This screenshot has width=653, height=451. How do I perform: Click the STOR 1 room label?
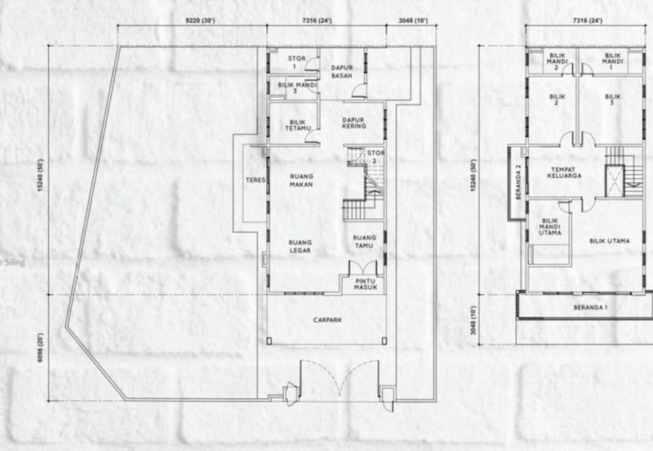(296, 62)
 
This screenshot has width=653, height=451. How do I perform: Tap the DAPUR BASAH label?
(342, 72)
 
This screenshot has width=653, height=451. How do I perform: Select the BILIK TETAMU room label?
(298, 125)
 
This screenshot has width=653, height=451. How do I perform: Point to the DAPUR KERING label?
(354, 123)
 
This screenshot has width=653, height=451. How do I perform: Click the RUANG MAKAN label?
(301, 181)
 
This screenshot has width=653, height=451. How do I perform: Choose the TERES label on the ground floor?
(255, 180)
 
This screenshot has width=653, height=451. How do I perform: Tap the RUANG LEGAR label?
(300, 247)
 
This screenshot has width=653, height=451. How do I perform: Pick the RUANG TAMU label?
(364, 242)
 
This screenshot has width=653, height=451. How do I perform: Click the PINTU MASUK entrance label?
(365, 284)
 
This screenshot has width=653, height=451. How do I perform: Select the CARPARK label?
(327, 320)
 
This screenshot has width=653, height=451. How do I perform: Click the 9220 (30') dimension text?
(200, 20)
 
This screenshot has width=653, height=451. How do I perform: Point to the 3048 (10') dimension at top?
(413, 20)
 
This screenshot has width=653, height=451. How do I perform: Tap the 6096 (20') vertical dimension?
(40, 347)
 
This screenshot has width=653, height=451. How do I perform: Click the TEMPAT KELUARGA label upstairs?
(564, 172)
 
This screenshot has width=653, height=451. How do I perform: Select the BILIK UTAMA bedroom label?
(609, 241)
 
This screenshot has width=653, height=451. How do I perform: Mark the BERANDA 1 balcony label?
(590, 308)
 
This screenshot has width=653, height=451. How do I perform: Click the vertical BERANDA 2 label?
(518, 182)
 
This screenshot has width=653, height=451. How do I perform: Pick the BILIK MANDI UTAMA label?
(549, 227)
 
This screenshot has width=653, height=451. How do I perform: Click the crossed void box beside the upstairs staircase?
(615, 181)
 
